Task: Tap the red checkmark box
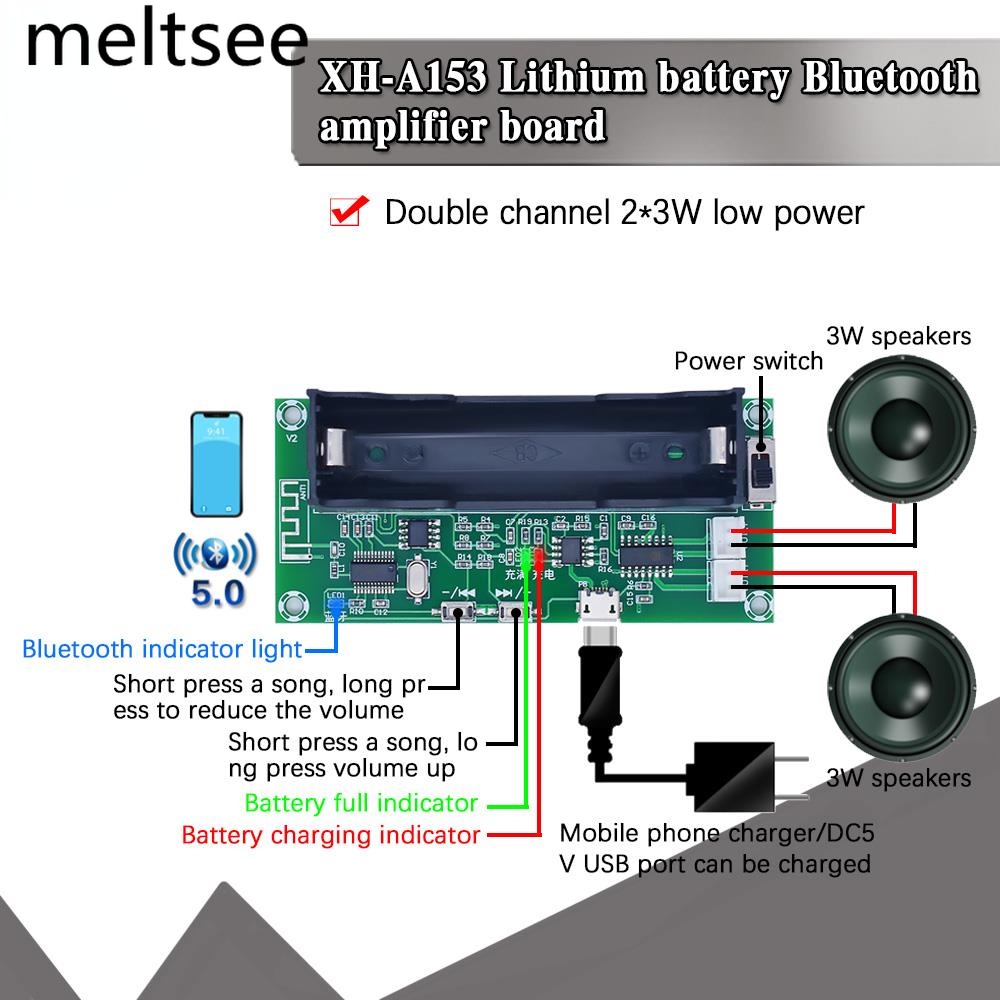point(346,212)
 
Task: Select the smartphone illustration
point(217,462)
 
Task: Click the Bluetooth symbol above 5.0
point(217,552)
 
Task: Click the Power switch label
point(748,361)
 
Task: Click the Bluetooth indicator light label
point(162,649)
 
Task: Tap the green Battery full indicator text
point(361,803)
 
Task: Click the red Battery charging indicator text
point(331,835)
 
